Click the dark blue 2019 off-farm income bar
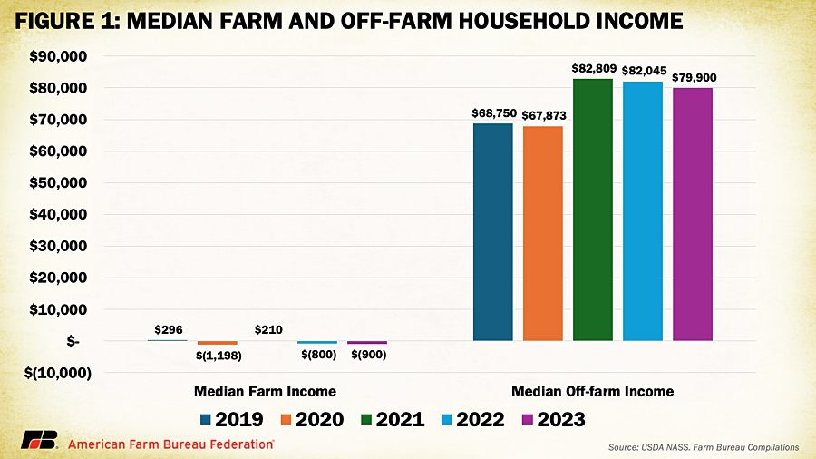click(x=492, y=232)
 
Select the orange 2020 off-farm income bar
click(x=542, y=233)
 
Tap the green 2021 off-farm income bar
click(x=592, y=210)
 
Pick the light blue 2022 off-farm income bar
click(x=642, y=211)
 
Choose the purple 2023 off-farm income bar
click(x=692, y=214)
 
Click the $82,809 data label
click(x=593, y=68)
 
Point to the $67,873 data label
click(x=544, y=114)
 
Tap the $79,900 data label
click(x=694, y=77)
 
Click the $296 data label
click(x=168, y=329)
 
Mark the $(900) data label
click(x=368, y=355)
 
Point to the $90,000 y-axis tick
click(x=59, y=56)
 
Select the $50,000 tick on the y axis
click(x=59, y=182)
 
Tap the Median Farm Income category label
click(x=265, y=392)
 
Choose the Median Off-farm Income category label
click(x=592, y=392)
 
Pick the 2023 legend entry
click(x=550, y=419)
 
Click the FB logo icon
click(x=40, y=440)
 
